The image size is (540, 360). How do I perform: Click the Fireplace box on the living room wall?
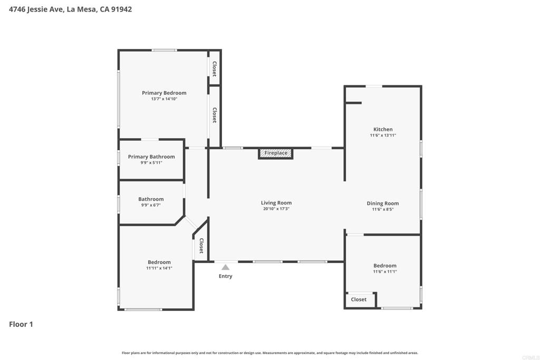click(275, 153)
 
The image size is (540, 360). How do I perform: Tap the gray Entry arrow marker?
click(226, 267)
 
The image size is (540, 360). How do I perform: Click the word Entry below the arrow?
click(226, 276)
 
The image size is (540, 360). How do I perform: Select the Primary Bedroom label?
click(165, 93)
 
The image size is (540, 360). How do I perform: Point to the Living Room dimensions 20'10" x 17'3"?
click(276, 209)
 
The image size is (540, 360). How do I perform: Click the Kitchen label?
click(383, 130)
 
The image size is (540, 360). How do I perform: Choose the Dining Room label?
click(383, 203)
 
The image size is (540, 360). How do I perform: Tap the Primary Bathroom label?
click(151, 157)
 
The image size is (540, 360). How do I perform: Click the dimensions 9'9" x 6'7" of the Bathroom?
click(151, 205)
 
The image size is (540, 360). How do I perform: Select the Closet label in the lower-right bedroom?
click(359, 299)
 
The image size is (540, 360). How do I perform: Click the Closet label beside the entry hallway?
click(201, 246)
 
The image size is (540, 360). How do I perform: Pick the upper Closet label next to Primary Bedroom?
click(215, 69)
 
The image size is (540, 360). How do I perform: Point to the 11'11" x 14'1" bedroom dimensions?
click(159, 268)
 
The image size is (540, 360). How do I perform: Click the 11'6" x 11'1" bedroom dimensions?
click(384, 271)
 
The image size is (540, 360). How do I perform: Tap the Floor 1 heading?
click(21, 324)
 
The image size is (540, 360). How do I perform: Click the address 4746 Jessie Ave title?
click(70, 9)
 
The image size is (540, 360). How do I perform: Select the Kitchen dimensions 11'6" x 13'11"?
click(383, 135)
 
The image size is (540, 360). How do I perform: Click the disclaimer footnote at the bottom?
click(270, 353)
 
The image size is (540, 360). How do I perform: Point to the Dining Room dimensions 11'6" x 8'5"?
click(383, 209)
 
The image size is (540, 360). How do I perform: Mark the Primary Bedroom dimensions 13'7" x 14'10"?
click(165, 99)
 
